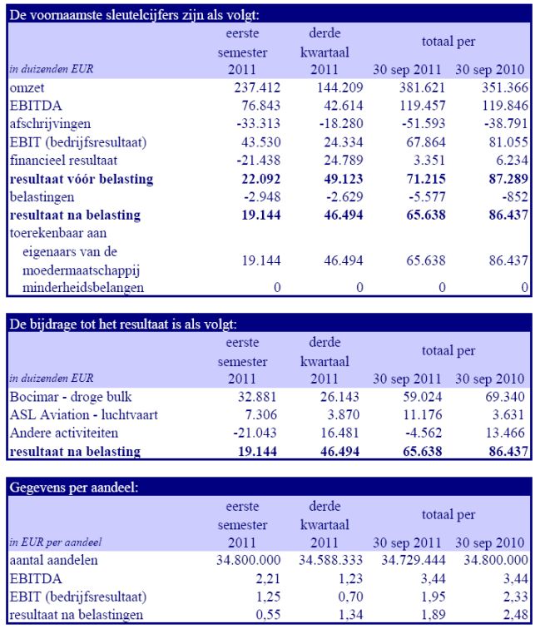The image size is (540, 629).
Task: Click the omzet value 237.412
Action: point(257,87)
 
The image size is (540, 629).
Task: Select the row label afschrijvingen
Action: point(50,124)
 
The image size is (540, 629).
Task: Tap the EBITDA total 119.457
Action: point(423,106)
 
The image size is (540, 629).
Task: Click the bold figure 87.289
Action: point(508,179)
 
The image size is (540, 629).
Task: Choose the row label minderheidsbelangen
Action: point(83,288)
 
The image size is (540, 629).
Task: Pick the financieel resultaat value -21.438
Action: point(259,160)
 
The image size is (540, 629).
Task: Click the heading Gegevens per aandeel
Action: point(73,488)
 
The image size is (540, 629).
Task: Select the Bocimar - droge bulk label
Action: point(71,397)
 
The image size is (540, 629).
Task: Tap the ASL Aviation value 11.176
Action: point(423,414)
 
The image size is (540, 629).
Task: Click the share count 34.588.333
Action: point(330,560)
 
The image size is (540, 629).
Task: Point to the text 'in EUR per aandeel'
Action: point(56,542)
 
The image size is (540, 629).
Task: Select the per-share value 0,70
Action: point(350,597)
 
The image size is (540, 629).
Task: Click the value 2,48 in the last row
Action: point(516,615)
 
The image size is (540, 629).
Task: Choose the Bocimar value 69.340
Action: point(505,397)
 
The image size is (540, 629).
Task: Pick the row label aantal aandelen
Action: point(53,561)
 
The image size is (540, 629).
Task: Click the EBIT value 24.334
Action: point(344,142)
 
